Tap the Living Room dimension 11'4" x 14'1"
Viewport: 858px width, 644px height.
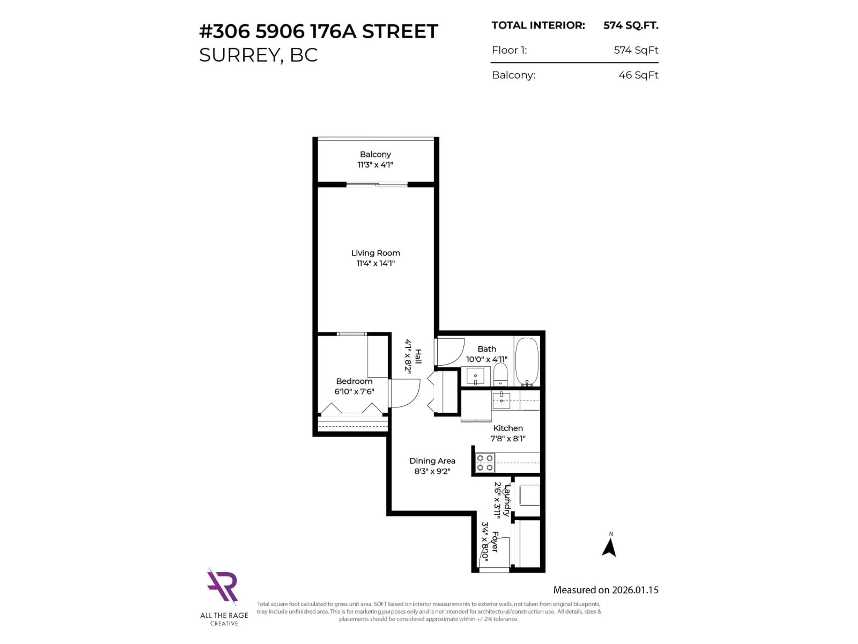(x=375, y=264)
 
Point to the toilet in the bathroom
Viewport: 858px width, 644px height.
(x=500, y=375)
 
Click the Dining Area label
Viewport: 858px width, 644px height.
(x=432, y=461)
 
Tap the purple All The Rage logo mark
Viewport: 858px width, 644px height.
(x=222, y=586)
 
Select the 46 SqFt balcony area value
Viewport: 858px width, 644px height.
(x=638, y=75)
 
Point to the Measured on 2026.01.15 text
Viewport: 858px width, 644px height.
(x=606, y=590)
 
